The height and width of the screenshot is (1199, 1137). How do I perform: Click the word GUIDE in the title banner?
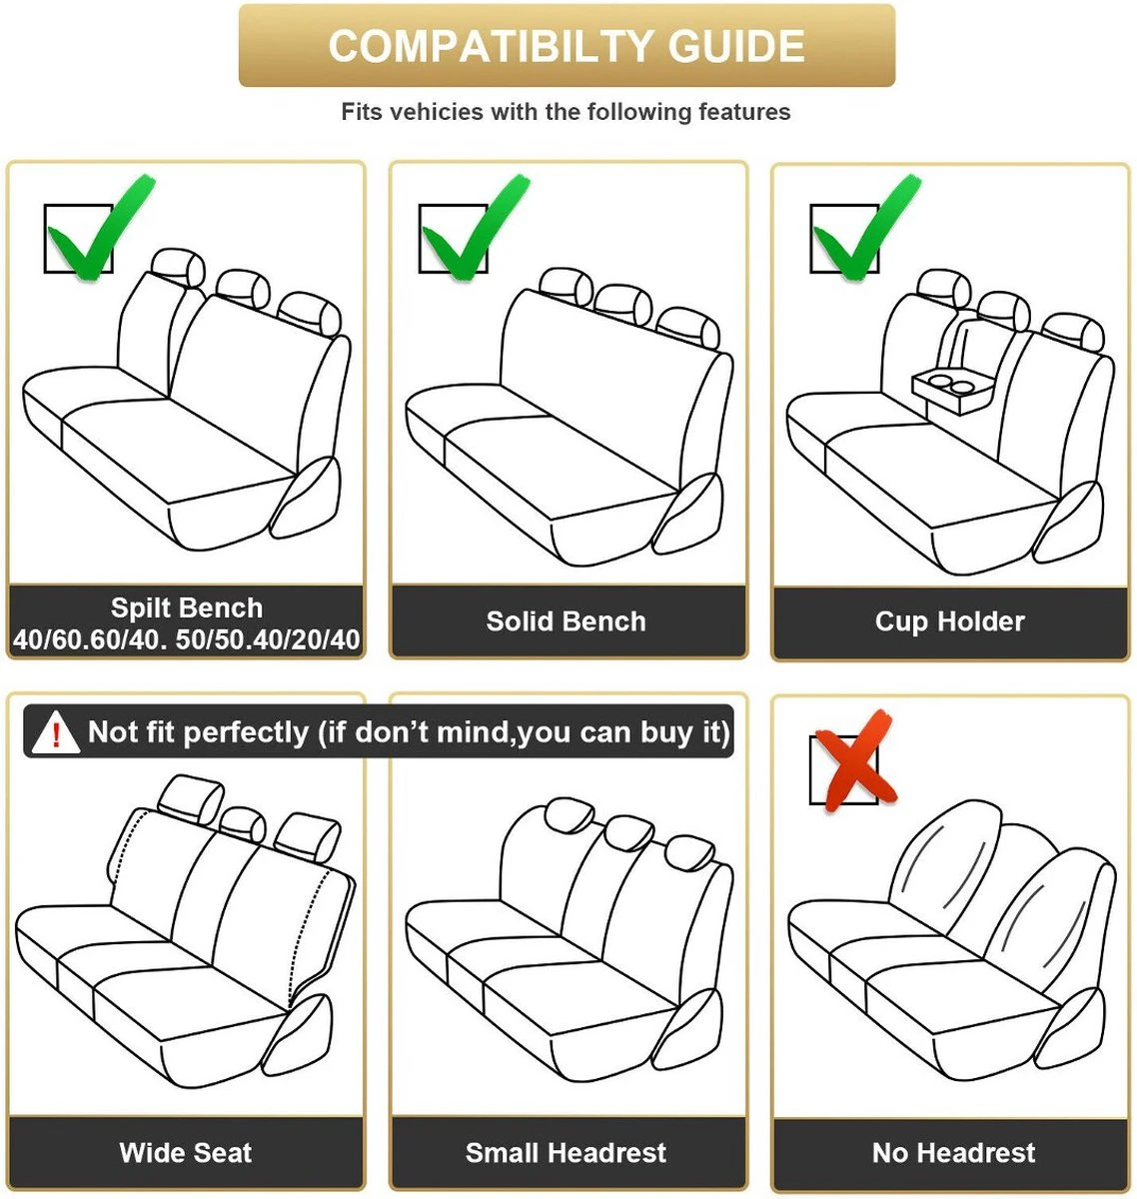click(x=736, y=46)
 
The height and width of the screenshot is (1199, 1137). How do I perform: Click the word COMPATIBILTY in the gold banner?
click(x=491, y=46)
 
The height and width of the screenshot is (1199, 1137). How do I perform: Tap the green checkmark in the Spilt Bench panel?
click(x=101, y=230)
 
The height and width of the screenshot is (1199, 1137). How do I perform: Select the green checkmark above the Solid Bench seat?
click(x=476, y=230)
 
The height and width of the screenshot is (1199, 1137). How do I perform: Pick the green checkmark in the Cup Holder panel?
click(x=866, y=230)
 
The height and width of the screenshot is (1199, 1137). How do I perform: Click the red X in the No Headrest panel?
click(x=855, y=760)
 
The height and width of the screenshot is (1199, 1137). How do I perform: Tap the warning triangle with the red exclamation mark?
click(x=56, y=731)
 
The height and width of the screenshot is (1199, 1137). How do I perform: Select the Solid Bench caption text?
click(x=566, y=620)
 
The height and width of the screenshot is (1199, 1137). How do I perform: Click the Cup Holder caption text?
click(x=950, y=621)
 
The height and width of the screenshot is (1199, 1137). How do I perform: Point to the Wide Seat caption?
click(x=186, y=1153)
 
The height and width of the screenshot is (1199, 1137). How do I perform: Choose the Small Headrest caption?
click(x=566, y=1153)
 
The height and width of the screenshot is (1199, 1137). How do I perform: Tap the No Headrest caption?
click(x=953, y=1153)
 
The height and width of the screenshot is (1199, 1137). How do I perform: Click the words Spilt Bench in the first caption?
click(x=187, y=608)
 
